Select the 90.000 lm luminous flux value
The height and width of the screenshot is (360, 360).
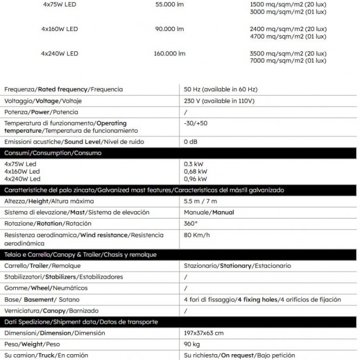pos(169,29)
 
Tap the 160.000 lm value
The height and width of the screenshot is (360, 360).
pos(169,54)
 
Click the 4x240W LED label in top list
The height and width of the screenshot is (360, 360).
pos(60,54)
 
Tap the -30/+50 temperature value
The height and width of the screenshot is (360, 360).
pos(196,123)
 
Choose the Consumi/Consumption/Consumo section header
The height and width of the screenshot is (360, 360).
pos(53,153)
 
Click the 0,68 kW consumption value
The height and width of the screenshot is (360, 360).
pos(195,172)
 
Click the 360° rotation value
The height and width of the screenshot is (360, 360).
pos(191,223)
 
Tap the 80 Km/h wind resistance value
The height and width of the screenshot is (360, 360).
pos(197,235)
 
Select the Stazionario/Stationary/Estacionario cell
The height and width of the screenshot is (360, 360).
pos(237,265)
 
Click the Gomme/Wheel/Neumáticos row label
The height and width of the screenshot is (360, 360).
pos(46,288)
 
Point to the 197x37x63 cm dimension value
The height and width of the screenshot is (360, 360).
pos(203,333)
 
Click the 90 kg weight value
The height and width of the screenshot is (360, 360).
pos(192,344)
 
